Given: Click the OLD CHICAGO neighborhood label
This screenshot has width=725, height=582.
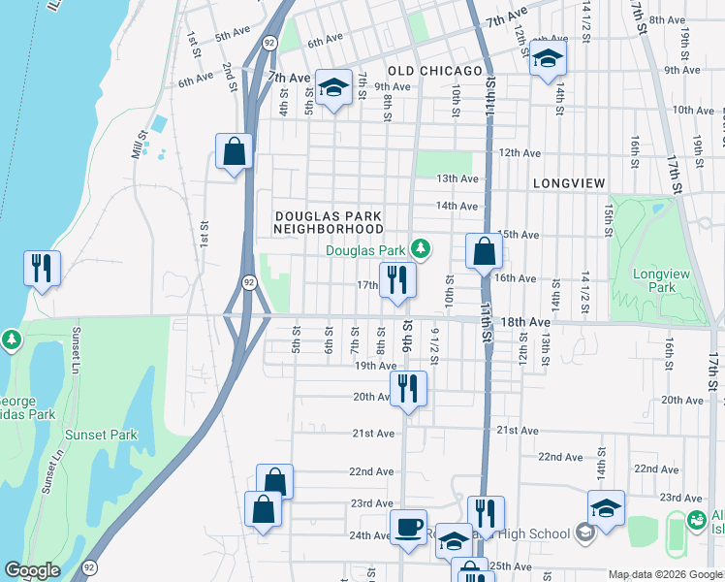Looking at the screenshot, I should point(435,72).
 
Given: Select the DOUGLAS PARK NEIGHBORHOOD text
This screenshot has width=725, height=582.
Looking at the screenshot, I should point(329,223).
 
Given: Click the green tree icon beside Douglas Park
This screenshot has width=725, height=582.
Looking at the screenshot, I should point(420,249).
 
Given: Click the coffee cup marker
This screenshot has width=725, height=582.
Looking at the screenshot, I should point(408,527).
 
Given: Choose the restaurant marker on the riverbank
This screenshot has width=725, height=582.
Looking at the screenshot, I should point(42,268).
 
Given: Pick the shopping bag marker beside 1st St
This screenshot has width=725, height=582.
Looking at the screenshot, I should point(234,150).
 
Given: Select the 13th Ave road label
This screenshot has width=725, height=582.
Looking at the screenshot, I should point(457,178).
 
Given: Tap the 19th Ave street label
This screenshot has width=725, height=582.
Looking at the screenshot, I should point(375,366).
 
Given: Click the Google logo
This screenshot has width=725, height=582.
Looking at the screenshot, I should point(32,570).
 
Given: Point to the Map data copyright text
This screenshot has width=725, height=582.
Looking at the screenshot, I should point(665,575).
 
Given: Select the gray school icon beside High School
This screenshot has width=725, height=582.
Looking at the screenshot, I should point(584,533).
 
